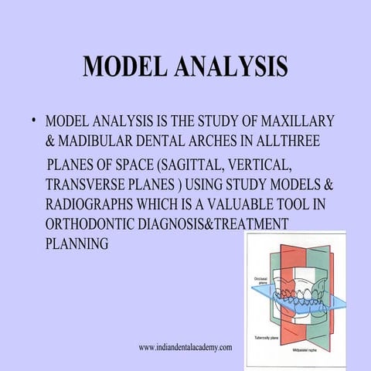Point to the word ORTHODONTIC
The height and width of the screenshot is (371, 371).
point(91,225)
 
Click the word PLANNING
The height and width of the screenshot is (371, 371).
point(76,244)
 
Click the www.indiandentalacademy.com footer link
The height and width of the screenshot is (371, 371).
point(185,349)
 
